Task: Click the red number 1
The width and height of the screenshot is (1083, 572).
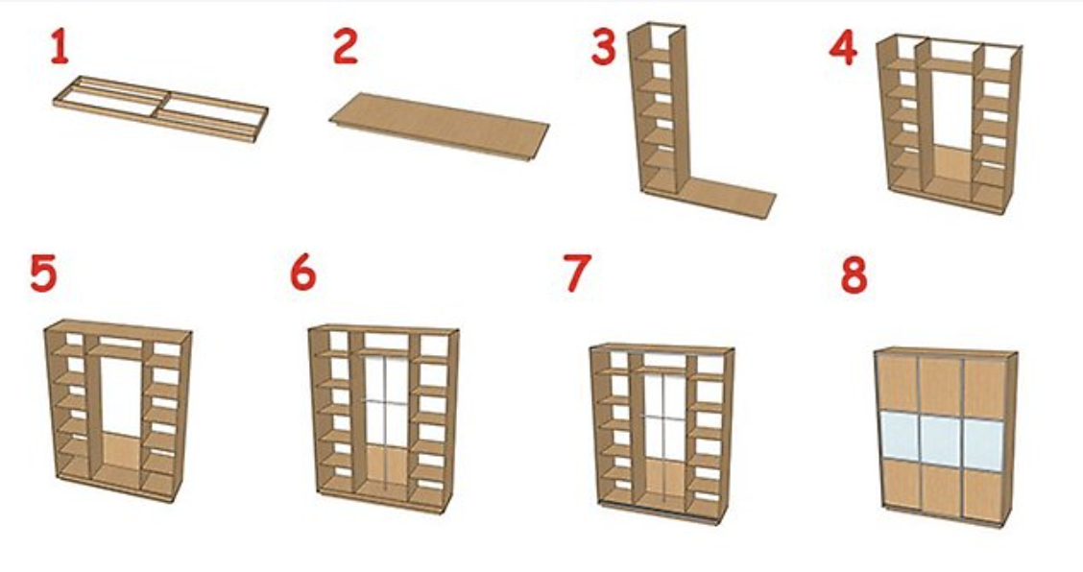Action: (x=60, y=48)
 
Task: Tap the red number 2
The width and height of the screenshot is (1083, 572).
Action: (x=346, y=46)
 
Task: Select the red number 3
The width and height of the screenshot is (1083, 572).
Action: (x=603, y=48)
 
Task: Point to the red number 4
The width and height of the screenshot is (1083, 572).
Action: (x=843, y=48)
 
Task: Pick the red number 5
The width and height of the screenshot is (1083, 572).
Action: (x=43, y=273)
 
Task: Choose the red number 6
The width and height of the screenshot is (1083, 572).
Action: (x=303, y=273)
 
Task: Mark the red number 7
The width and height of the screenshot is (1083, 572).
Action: (x=577, y=273)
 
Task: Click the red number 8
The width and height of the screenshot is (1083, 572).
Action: (x=854, y=274)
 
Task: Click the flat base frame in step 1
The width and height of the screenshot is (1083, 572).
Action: (x=160, y=109)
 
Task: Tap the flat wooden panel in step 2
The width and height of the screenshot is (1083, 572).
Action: (x=440, y=127)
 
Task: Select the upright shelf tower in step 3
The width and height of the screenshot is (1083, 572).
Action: (x=659, y=110)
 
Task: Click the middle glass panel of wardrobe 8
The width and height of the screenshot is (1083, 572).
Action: (x=939, y=441)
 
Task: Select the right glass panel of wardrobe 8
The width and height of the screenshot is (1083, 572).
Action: (x=983, y=445)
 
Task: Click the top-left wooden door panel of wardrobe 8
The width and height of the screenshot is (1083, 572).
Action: (x=898, y=383)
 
